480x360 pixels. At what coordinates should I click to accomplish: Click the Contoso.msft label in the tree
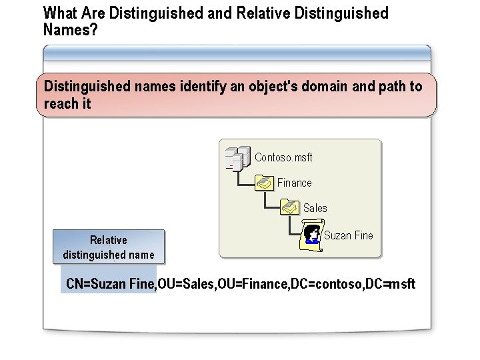(x=283, y=157)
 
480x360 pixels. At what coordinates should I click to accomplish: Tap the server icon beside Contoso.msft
(x=237, y=157)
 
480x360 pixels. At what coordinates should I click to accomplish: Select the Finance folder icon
(x=265, y=183)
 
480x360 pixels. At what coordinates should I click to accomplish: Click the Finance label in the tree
(x=294, y=183)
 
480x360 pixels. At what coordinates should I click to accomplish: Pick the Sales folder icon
(x=290, y=208)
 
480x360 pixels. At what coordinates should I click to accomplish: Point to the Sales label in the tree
(x=315, y=208)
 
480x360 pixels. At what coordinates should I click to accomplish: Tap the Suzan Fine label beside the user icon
(x=348, y=235)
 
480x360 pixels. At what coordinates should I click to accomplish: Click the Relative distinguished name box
(x=109, y=247)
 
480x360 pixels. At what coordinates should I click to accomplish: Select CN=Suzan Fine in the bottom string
(x=110, y=284)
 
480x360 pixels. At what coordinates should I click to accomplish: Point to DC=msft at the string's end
(x=390, y=284)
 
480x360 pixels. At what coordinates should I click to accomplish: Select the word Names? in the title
(x=70, y=29)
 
